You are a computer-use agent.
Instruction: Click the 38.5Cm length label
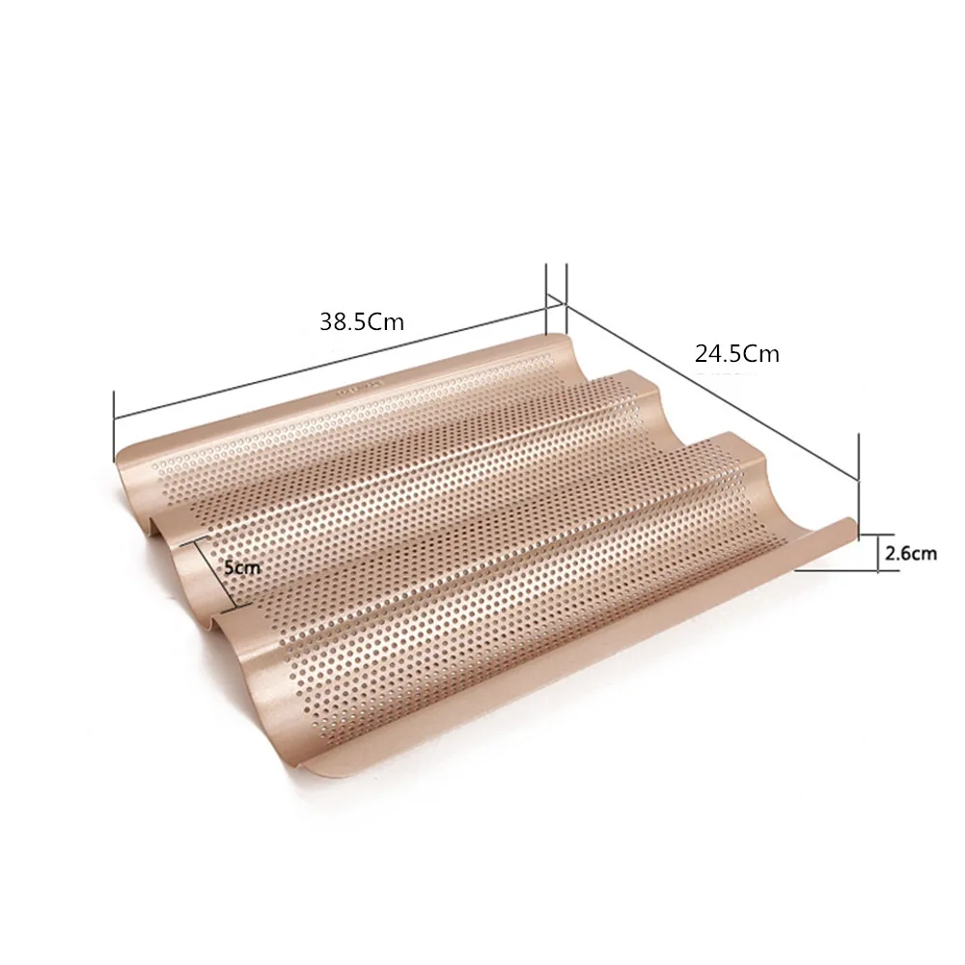(x=361, y=321)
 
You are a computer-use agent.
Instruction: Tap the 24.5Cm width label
(x=736, y=354)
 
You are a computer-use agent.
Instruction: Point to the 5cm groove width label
(x=242, y=566)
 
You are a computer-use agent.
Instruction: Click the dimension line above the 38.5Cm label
(x=330, y=366)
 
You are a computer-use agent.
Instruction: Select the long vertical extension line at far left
(x=114, y=426)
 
